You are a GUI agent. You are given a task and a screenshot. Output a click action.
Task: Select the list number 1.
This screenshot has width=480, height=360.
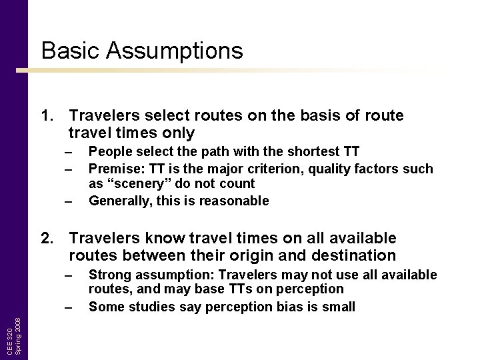47,116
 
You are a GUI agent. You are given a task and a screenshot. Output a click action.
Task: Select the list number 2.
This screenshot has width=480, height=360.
47,239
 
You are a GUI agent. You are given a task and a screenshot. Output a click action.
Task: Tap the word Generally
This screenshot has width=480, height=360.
118,201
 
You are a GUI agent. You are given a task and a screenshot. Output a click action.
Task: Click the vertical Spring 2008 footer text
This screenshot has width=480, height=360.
19,335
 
